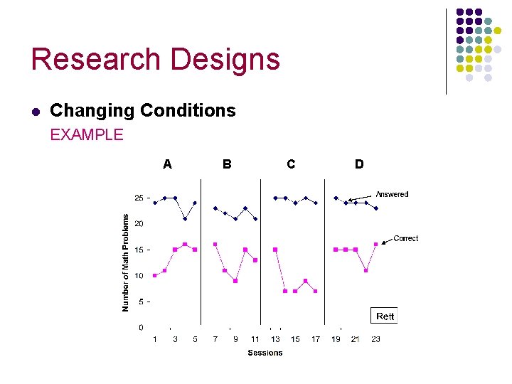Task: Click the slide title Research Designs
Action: (155, 60)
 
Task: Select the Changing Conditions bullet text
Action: (142, 111)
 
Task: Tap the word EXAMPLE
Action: (87, 134)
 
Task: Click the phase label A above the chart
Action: (167, 164)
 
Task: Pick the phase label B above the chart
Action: (227, 164)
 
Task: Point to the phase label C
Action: (291, 164)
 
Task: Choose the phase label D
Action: (359, 164)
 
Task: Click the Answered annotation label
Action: (392, 194)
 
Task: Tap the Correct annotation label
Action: (405, 238)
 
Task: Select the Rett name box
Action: (385, 316)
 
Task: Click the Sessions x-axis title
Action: (265, 353)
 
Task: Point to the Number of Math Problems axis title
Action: (126, 262)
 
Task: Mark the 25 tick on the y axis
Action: (139, 198)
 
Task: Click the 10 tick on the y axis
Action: (139, 276)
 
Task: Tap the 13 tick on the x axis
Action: (275, 339)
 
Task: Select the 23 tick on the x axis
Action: (375, 339)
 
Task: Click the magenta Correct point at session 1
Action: (155, 275)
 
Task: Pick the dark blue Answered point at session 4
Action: (185, 218)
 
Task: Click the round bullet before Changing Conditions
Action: (36, 111)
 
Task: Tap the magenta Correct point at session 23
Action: (375, 244)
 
